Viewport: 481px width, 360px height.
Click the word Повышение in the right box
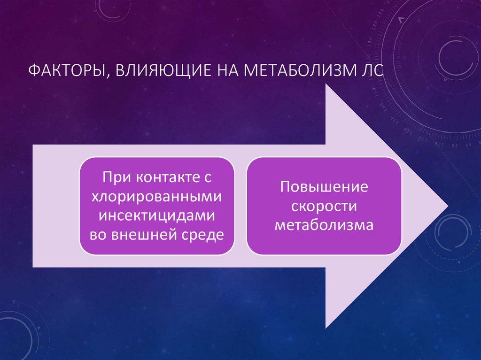point(324,187)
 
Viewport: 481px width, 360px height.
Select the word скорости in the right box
point(324,206)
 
